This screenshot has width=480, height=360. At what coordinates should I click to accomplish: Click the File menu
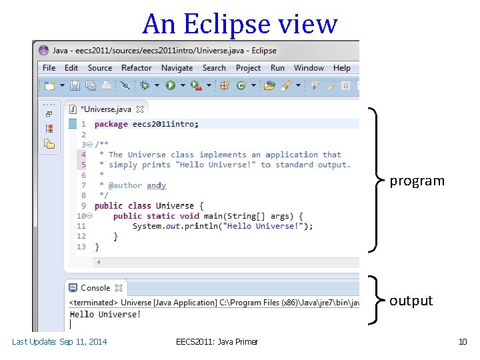tap(49, 68)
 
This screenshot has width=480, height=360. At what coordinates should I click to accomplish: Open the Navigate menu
tap(177, 68)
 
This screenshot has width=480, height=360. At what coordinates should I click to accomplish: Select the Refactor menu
tap(136, 68)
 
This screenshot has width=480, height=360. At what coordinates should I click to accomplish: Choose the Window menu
tap(309, 68)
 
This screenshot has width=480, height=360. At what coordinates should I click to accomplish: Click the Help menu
tap(342, 68)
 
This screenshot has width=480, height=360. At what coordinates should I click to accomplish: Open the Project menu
tap(248, 68)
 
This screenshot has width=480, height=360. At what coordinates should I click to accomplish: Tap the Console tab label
tap(95, 288)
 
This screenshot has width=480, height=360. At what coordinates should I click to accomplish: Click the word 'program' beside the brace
tap(417, 181)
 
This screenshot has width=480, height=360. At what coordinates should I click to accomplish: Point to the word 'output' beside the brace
tap(411, 301)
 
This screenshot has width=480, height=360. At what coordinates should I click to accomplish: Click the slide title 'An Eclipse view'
tap(240, 24)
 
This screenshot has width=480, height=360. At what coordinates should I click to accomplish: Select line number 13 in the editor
tap(81, 247)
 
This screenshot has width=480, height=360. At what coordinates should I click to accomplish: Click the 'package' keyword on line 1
tap(111, 124)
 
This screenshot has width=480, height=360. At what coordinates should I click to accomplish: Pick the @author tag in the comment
tap(125, 185)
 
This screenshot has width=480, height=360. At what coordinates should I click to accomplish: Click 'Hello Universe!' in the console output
tap(105, 314)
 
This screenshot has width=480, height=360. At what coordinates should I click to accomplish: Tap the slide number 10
tap(463, 342)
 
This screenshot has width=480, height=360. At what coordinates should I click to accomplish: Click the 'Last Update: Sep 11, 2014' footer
tap(59, 342)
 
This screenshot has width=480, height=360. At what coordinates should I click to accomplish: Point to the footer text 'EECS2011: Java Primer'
tap(217, 342)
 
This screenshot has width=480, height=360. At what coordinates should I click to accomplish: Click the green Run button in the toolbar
tap(171, 85)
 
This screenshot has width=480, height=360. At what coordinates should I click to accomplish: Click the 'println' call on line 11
tap(185, 226)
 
